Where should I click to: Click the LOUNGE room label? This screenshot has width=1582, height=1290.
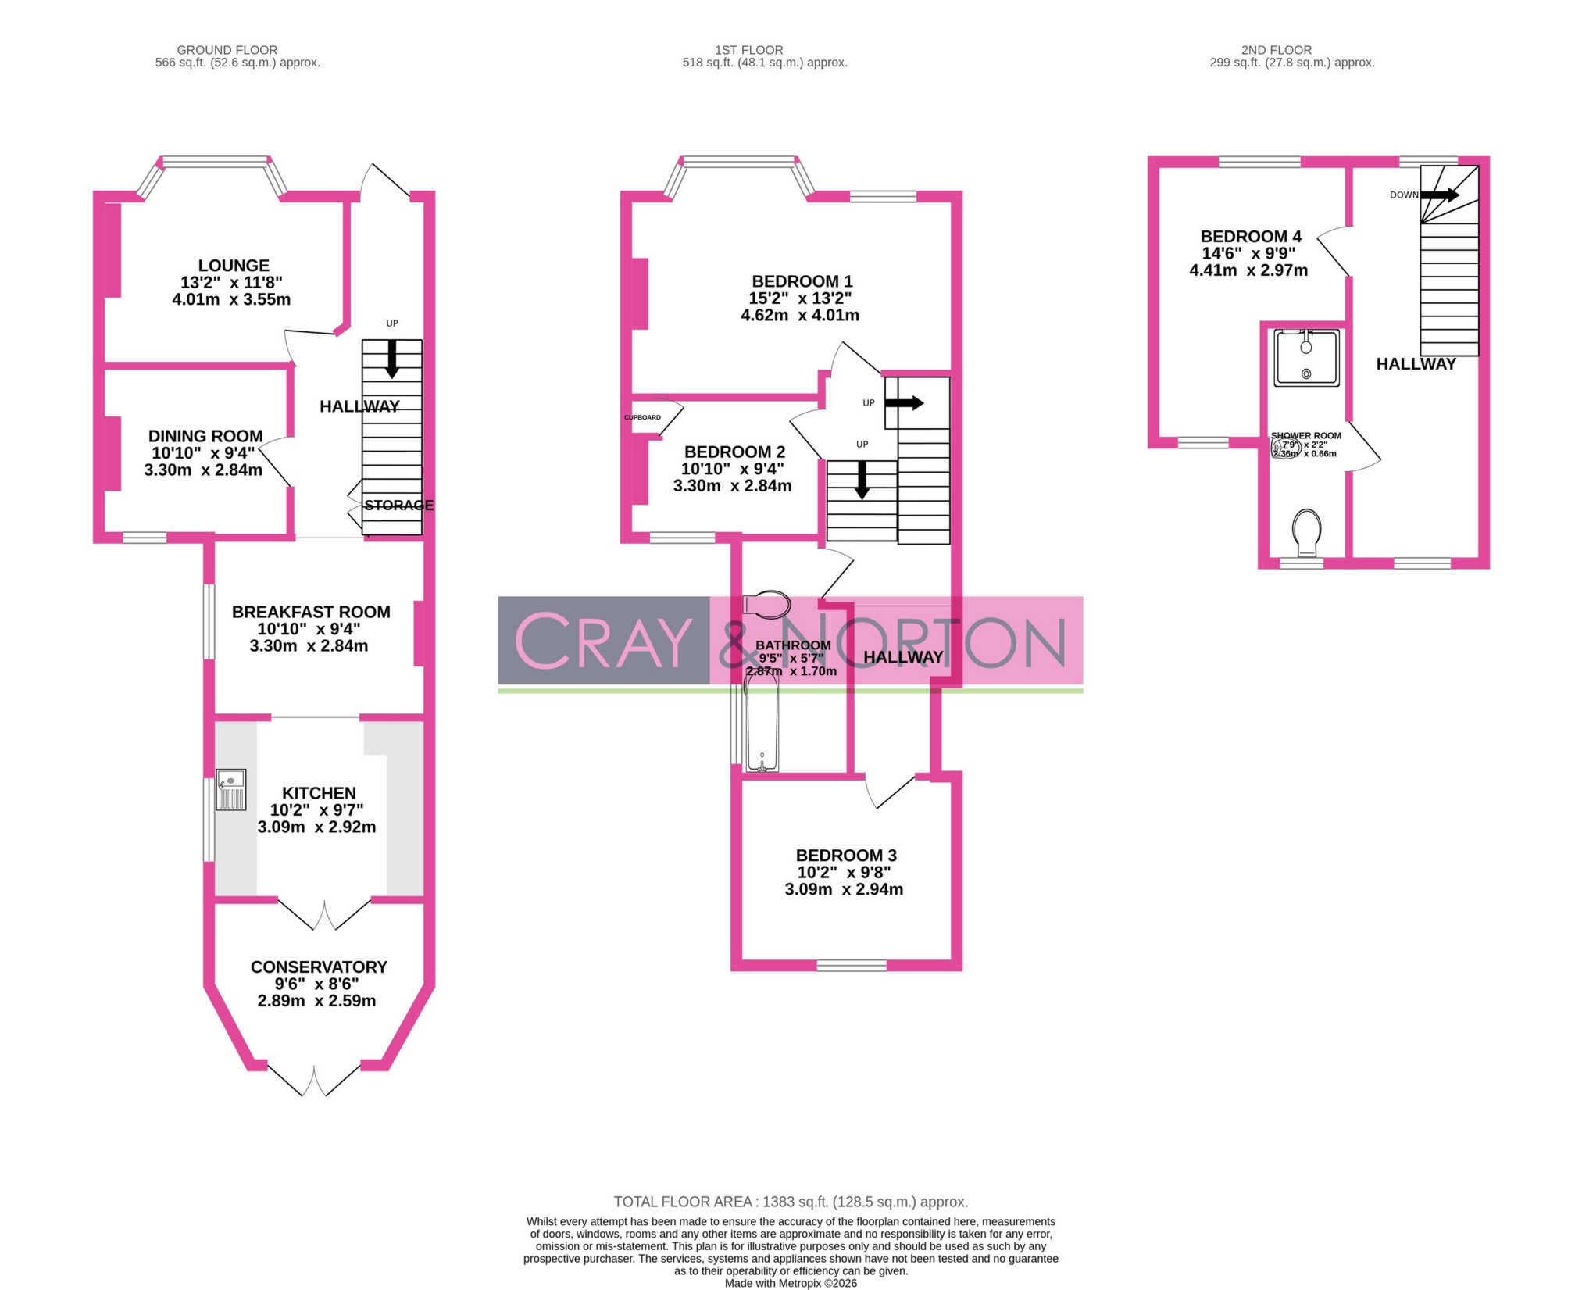pos(233,266)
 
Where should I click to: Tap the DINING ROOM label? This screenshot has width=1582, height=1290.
pos(205,436)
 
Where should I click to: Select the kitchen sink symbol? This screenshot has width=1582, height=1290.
pos(230,789)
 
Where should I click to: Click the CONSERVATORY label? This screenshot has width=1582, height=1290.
pos(319,967)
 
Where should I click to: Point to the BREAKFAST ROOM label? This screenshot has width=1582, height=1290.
pos(311,612)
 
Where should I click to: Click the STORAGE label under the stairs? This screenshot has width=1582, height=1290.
pos(398,505)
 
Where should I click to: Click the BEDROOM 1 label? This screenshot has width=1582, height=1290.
pos(802,281)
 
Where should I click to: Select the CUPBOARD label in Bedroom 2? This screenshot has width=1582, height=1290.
pos(642,417)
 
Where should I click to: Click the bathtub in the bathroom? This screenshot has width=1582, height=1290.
pos(761,723)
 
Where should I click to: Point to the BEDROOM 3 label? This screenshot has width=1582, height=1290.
pos(846,856)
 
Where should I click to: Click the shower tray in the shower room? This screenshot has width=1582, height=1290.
pos(1306,358)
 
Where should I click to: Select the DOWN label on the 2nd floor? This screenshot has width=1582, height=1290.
pos(1403,195)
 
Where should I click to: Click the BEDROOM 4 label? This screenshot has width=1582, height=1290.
pos(1251,236)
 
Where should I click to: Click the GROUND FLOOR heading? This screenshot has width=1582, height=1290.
pos(227,50)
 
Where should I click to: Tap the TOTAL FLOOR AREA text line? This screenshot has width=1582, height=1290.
pos(791,1202)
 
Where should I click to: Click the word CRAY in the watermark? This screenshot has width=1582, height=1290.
pos(603,641)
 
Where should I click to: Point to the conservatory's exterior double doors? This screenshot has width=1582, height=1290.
pos(314,1080)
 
